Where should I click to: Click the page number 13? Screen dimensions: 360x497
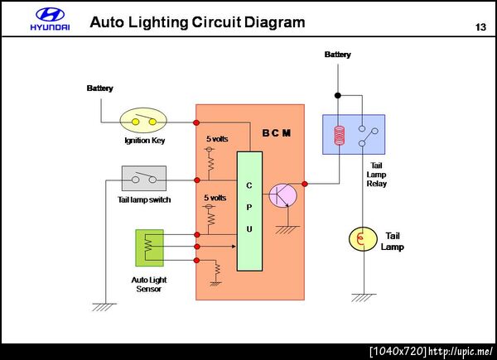480,27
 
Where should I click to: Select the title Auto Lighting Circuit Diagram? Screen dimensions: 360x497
197,22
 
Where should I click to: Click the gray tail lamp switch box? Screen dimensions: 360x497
144,178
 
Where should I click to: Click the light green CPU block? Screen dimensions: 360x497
249,211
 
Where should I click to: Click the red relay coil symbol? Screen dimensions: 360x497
338,136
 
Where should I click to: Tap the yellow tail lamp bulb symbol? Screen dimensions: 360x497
362,239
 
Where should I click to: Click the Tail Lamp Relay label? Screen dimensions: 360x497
376,174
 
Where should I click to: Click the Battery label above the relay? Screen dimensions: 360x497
337,55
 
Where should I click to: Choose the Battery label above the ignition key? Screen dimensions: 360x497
100,89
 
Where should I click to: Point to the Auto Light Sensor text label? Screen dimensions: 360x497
147,284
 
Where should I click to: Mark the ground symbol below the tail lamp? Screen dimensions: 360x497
362,295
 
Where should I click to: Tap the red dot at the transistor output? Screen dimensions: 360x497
305,184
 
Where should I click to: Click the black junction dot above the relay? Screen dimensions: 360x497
337,93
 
